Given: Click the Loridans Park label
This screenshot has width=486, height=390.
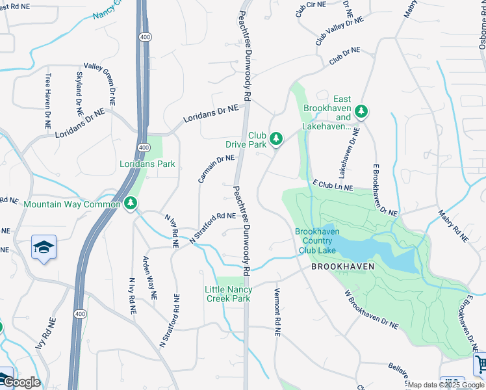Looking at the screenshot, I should click(147, 164).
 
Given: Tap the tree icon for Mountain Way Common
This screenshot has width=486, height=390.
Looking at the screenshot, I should click(131, 204).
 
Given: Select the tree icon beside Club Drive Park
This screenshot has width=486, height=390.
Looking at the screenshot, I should click(276, 138).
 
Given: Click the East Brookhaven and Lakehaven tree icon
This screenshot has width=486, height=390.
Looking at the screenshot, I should click(361, 112).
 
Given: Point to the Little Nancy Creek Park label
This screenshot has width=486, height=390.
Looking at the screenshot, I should click(228, 294).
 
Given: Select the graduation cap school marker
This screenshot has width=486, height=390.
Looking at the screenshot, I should click(44, 248).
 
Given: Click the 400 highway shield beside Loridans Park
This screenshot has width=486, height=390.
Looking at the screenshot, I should click(144, 148).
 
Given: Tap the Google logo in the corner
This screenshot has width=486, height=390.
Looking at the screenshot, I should click(21, 382).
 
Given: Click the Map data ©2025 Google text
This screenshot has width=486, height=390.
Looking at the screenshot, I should click(446, 385).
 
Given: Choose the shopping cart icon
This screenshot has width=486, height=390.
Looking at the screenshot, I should click(480, 363).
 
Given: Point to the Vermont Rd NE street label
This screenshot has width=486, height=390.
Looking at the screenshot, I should click(277, 311).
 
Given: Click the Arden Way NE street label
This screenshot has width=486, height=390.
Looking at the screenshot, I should click(149, 277).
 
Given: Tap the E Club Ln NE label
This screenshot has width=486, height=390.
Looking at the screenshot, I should click(332, 187).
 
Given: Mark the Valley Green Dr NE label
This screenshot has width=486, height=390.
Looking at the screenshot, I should click(99, 84).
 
